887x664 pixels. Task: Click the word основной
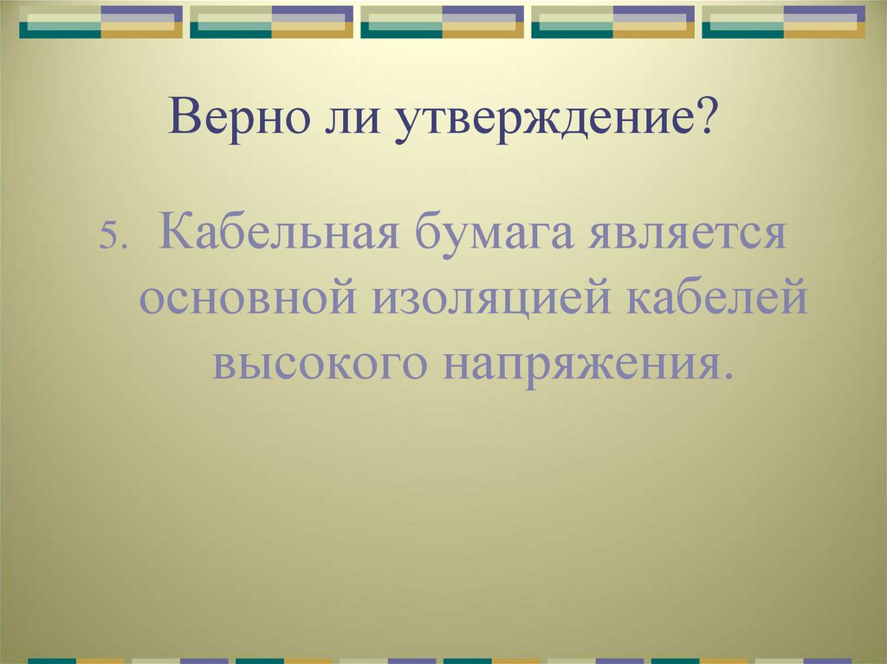[248, 300]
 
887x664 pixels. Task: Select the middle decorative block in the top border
[442, 22]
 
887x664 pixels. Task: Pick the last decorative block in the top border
[783, 22]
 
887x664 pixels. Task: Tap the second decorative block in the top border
[271, 22]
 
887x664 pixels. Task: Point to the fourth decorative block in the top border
[612, 22]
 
